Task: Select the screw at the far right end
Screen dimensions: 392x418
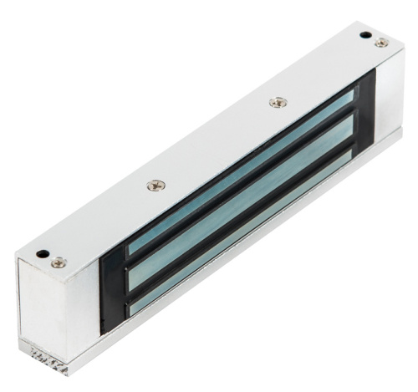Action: tap(381, 43)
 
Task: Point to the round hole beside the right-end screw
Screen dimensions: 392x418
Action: tap(365, 35)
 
